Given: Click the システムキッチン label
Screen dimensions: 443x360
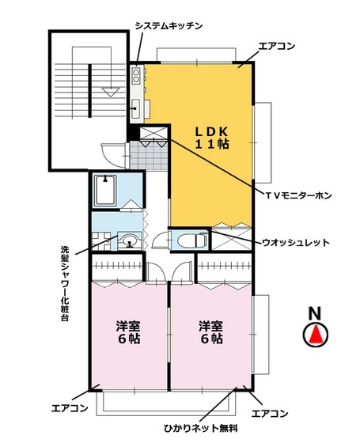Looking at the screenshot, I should [169, 25].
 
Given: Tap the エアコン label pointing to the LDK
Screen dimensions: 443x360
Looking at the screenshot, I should [276, 46].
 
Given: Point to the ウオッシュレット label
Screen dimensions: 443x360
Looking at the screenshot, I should [295, 242].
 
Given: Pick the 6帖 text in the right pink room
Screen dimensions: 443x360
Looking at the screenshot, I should [210, 339].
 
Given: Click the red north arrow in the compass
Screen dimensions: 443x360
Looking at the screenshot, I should [316, 335].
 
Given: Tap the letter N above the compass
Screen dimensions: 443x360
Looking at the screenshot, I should [315, 312].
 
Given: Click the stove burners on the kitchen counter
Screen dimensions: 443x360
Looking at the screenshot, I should [135, 76].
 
